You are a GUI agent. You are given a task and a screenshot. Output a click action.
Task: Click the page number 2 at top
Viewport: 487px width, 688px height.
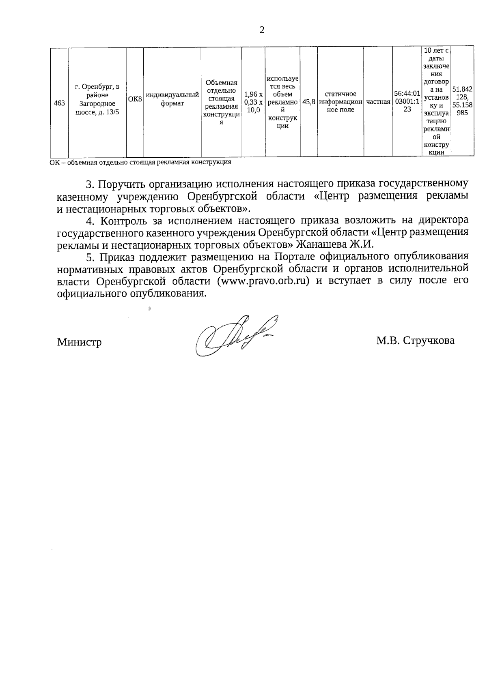[262, 30]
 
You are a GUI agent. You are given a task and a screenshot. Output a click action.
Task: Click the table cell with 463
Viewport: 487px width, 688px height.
[59, 103]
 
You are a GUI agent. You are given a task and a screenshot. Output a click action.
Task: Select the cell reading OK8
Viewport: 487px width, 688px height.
[135, 99]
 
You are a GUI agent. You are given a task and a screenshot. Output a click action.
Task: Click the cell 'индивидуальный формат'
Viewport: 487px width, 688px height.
[172, 99]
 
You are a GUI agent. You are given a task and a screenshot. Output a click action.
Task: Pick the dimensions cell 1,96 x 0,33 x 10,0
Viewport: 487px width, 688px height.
[253, 102]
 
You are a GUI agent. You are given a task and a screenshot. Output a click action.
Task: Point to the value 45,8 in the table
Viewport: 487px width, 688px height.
[308, 103]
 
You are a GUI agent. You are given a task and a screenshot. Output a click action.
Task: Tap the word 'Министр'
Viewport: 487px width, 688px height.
[79, 342]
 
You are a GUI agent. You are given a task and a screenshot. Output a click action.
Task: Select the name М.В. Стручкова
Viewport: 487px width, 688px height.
[415, 341]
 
